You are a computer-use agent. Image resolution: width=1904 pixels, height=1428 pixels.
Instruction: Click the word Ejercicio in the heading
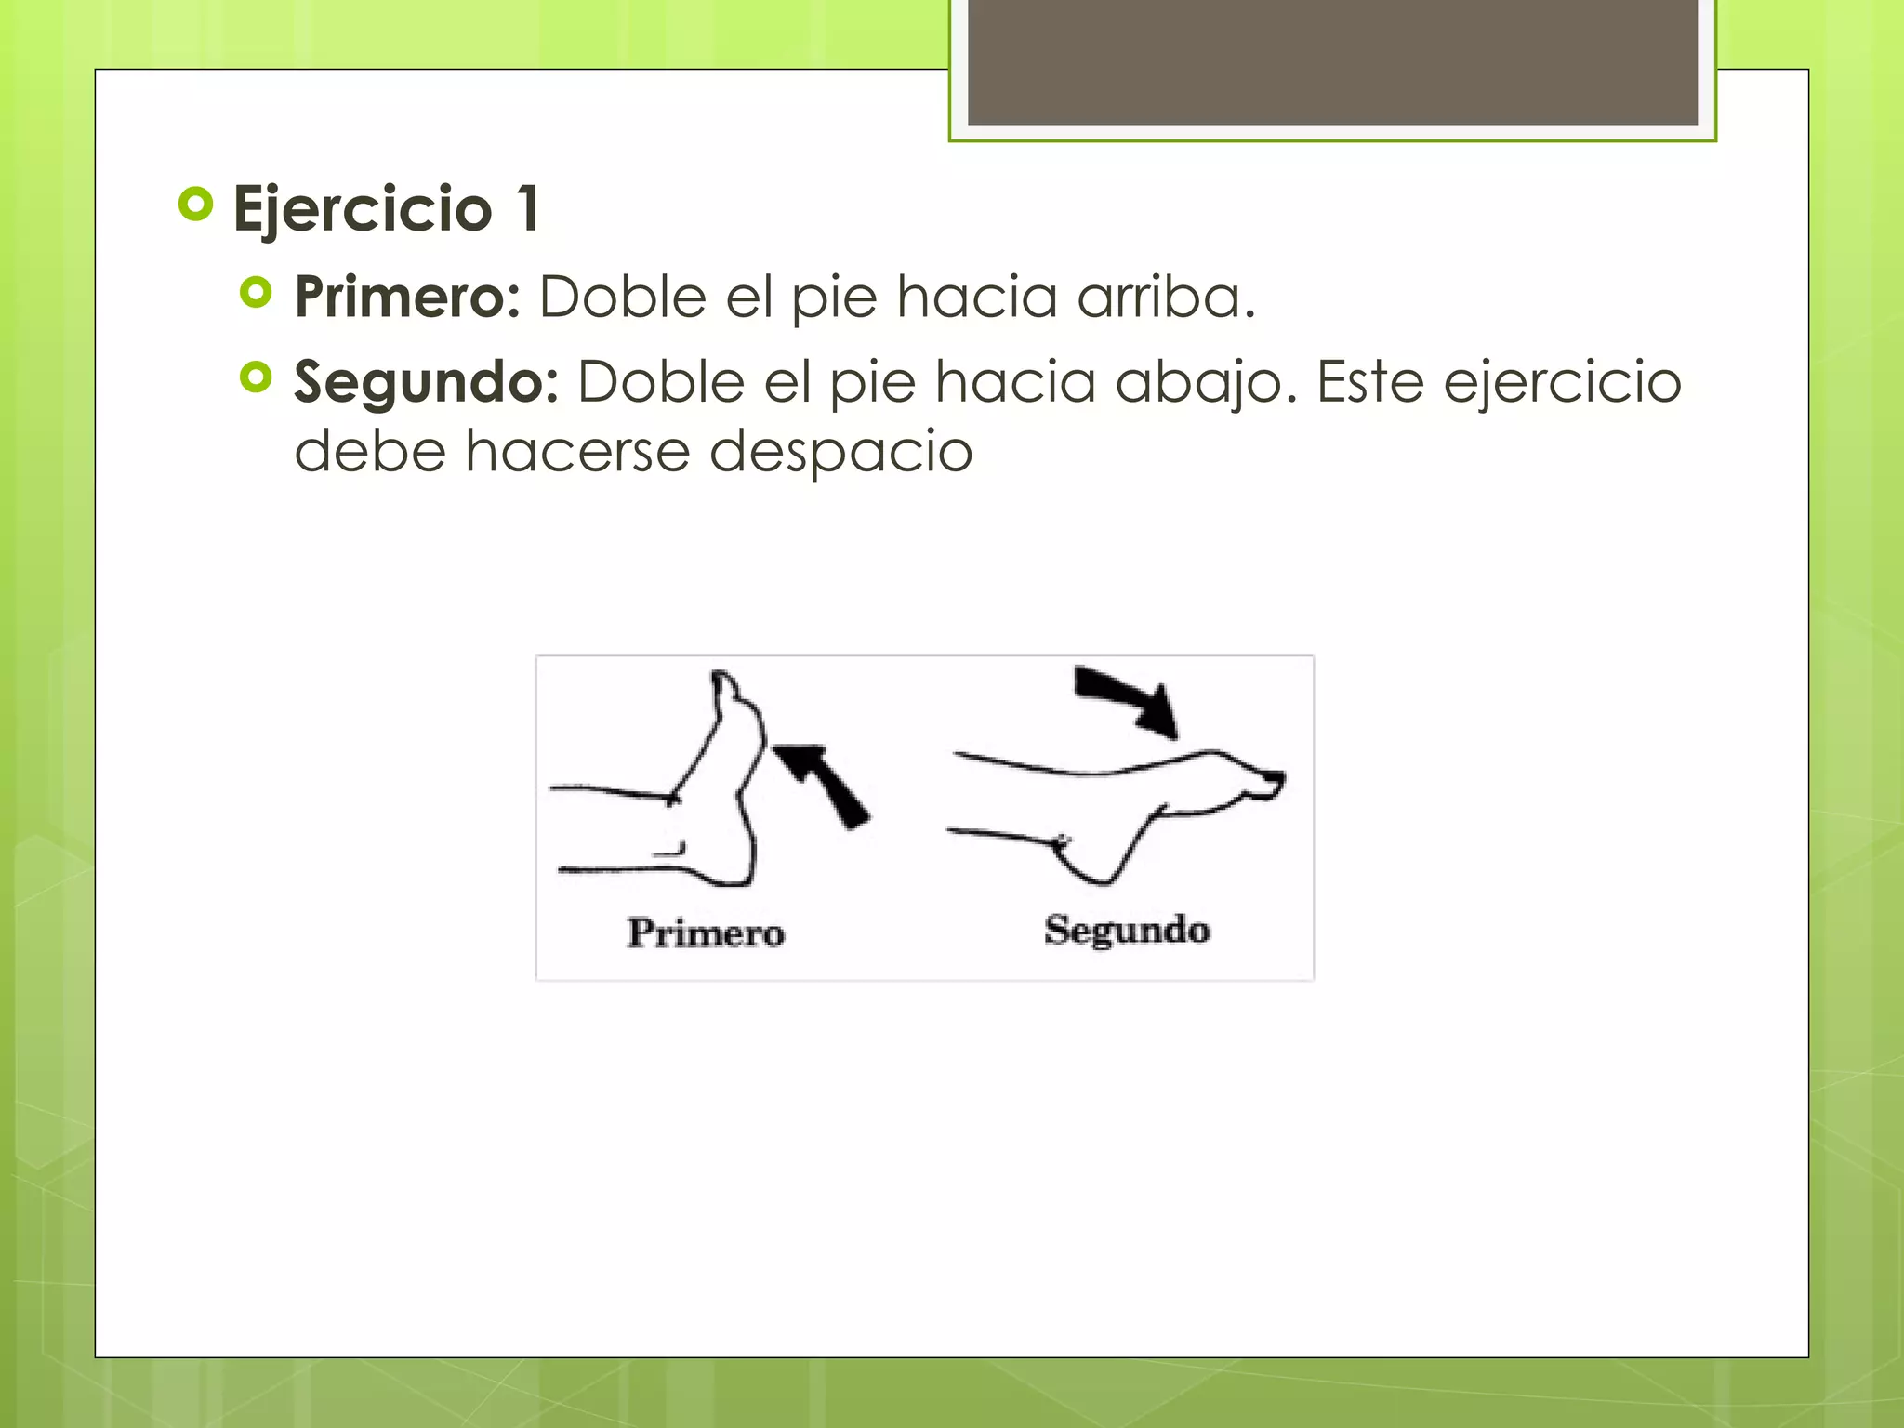tap(363, 209)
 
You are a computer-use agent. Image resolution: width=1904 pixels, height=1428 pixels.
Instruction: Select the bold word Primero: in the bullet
tap(407, 297)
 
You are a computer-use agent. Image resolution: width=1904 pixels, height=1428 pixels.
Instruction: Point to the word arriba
tap(1166, 297)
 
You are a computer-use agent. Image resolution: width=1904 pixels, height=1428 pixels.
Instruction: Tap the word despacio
tap(840, 452)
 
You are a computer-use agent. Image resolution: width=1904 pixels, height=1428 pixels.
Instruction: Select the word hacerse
tap(576, 452)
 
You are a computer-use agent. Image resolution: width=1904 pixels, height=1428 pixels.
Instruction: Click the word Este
tap(1369, 382)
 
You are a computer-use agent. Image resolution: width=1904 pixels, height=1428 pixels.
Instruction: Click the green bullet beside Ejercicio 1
tap(195, 205)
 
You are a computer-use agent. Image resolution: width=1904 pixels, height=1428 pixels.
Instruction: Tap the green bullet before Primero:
tap(256, 293)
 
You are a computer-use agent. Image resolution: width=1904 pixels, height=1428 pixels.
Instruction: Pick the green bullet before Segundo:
tap(256, 377)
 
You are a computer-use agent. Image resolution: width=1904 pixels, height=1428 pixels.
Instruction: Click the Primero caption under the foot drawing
tap(706, 932)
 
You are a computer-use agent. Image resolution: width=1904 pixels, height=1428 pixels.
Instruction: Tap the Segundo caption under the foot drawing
tap(1126, 930)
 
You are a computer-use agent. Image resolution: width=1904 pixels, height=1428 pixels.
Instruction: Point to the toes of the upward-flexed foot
tap(725, 688)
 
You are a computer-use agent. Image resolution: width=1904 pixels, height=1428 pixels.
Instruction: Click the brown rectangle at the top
tap(1332, 61)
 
